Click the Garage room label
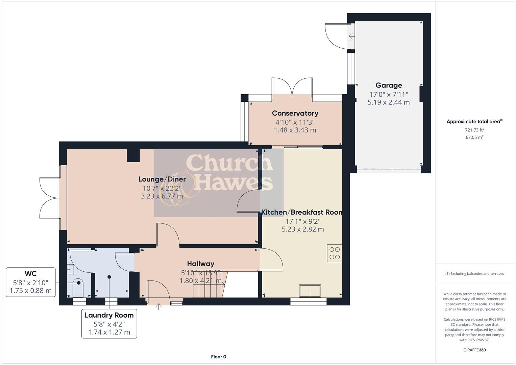coord(389,86)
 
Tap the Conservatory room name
coord(295,113)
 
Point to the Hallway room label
coord(200,264)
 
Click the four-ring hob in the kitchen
coord(335,253)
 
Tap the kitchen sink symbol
coord(310,291)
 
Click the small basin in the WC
coord(71,269)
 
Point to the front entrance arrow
coord(158,306)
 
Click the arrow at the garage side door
coord(351,36)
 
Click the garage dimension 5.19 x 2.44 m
coord(389,102)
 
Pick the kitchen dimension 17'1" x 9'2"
coord(303,221)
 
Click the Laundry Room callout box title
coord(109,315)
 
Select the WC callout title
coord(30,273)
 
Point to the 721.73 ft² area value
coord(474,130)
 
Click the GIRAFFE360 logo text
coord(474,350)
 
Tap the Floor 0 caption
coord(218,357)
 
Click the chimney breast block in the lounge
coord(133,155)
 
